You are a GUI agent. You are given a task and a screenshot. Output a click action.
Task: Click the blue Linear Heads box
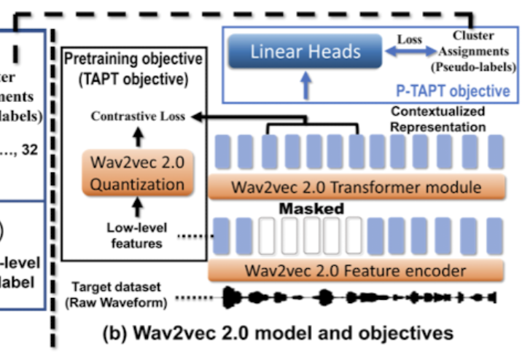coord(305,51)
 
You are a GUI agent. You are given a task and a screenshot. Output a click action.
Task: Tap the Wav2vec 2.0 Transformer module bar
coord(357,187)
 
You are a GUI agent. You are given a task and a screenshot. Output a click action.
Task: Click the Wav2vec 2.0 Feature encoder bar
coord(357,271)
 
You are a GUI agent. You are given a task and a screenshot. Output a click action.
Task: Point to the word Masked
coord(312,208)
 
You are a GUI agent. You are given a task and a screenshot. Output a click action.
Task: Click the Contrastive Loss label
coord(138,116)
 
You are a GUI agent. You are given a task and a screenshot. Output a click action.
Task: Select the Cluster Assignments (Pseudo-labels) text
coord(475,51)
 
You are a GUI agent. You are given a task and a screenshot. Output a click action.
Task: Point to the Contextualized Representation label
coord(438,119)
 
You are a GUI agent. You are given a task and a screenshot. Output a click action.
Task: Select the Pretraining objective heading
coord(133,66)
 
